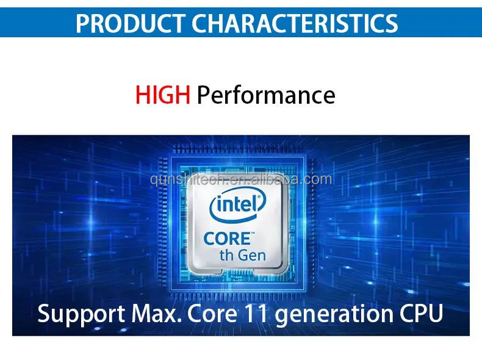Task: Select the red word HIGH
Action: (163, 95)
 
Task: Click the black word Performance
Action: (266, 96)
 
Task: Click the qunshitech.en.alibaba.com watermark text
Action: (241, 179)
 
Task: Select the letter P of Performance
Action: (204, 96)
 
